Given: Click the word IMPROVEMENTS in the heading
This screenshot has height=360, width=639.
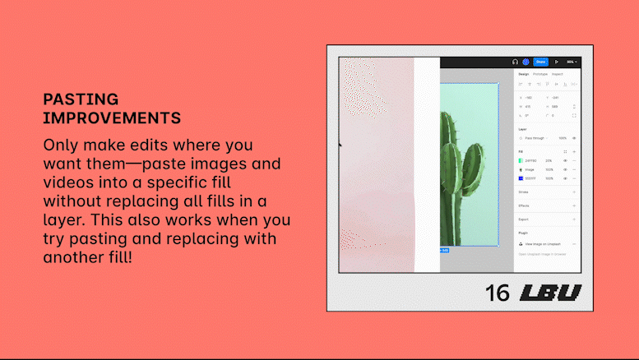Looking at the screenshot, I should [112, 118].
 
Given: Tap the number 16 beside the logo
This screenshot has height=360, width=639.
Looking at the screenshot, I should [498, 293].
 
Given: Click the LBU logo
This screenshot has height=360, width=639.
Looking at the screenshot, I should [550, 293].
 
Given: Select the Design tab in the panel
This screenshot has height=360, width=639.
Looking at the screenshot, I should [524, 74].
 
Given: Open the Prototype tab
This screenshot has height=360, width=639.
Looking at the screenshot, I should [540, 74].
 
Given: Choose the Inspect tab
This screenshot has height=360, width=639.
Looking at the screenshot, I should [558, 74].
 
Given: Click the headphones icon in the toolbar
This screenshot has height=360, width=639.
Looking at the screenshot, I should [515, 62].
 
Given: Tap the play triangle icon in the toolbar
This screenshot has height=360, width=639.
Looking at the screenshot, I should [556, 62].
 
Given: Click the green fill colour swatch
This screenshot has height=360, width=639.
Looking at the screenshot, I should [521, 160].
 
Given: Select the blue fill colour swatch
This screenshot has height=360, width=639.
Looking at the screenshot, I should [521, 178].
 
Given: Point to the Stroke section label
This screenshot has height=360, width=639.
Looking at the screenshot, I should [524, 192].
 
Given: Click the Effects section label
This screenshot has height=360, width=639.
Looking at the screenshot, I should [524, 205].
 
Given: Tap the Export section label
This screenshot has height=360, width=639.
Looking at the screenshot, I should [524, 219].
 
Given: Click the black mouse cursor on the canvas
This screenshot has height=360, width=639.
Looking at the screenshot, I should [341, 145].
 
